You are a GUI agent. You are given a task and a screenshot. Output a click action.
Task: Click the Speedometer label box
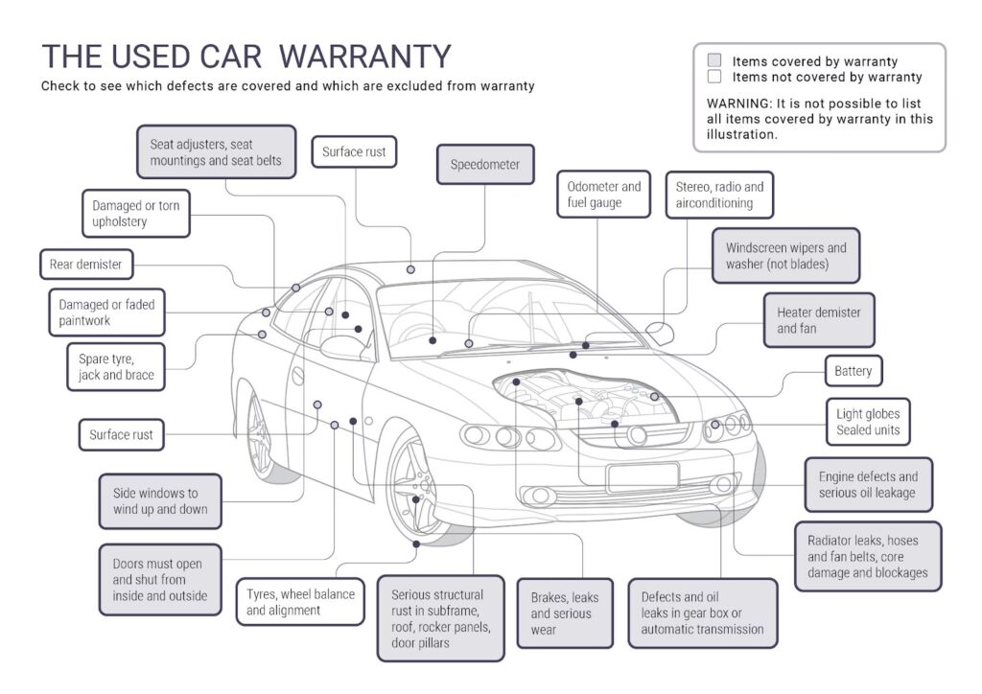[485, 165]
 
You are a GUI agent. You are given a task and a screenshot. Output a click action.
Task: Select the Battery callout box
[853, 371]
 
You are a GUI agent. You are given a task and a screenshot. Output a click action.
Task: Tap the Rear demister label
[85, 264]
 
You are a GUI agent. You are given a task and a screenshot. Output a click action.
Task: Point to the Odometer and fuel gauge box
[603, 195]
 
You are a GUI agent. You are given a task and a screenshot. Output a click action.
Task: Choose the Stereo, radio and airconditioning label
[719, 195]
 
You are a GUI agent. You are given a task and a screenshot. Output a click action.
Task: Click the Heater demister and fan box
[818, 320]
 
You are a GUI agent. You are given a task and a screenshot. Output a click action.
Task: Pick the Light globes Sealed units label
[867, 422]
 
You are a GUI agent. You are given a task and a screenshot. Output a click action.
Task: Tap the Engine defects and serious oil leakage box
[867, 484]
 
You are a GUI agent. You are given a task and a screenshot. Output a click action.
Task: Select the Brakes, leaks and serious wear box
[566, 613]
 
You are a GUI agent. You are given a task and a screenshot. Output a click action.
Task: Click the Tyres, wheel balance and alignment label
[300, 601]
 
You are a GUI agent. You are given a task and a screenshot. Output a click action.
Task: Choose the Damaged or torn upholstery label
[135, 214]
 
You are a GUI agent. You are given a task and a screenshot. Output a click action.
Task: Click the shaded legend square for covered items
[713, 60]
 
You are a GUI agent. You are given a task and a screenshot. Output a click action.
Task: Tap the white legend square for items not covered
[713, 77]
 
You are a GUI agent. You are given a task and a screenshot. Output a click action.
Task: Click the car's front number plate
[643, 476]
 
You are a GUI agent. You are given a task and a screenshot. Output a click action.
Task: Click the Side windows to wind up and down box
[160, 501]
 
